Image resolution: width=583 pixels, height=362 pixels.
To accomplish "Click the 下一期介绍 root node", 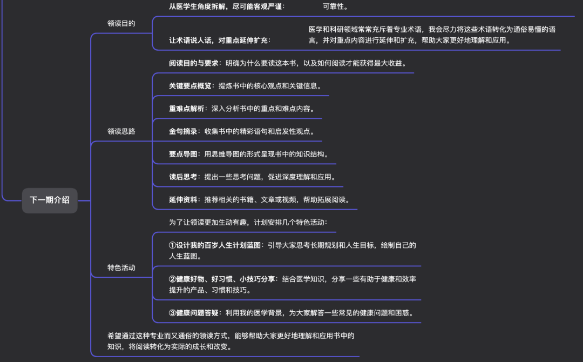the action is pyautogui.click(x=50, y=200).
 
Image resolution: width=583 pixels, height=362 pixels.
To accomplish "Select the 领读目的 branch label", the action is pyautogui.click(x=121, y=23).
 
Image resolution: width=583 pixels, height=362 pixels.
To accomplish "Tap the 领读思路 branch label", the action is pyautogui.click(x=121, y=131).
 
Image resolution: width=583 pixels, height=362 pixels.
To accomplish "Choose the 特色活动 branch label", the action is pyautogui.click(x=121, y=267).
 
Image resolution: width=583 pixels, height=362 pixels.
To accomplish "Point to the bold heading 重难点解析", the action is pyautogui.click(x=187, y=108).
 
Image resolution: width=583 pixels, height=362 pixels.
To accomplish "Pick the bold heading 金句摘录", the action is pyautogui.click(x=183, y=131).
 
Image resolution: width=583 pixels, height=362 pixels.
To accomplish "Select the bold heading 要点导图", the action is pyautogui.click(x=183, y=154).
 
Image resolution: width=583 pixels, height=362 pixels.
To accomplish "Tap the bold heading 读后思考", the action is pyautogui.click(x=183, y=177).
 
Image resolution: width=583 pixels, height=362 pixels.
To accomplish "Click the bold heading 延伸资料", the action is pyautogui.click(x=183, y=199).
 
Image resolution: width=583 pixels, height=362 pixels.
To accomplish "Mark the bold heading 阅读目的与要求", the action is pyautogui.click(x=194, y=63).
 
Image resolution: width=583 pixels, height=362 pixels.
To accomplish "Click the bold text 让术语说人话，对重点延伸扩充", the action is pyautogui.click(x=218, y=40).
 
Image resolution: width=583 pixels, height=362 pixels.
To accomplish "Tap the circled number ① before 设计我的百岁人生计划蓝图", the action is pyautogui.click(x=172, y=245).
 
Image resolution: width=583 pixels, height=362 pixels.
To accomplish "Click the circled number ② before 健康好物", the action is pyautogui.click(x=172, y=279).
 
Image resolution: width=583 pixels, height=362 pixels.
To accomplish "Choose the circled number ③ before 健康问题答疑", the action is pyautogui.click(x=172, y=313).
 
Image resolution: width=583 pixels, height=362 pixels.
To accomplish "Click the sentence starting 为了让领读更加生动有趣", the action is pyautogui.click(x=248, y=222).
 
